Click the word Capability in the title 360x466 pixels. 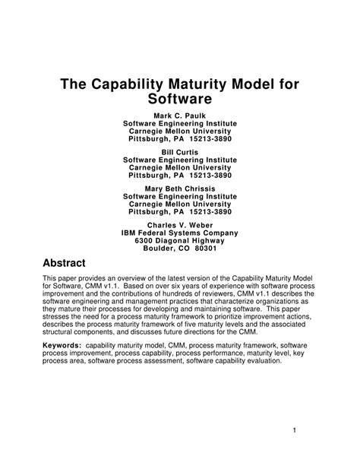[136, 84]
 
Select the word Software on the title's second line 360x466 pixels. [179, 100]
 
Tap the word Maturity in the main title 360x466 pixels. [209, 84]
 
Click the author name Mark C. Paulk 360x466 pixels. [180, 115]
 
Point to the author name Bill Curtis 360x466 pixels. [180, 151]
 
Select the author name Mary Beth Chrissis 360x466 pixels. [180, 188]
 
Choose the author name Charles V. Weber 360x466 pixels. [180, 224]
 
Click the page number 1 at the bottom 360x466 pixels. [314, 433]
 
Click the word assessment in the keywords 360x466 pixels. [159, 360]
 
